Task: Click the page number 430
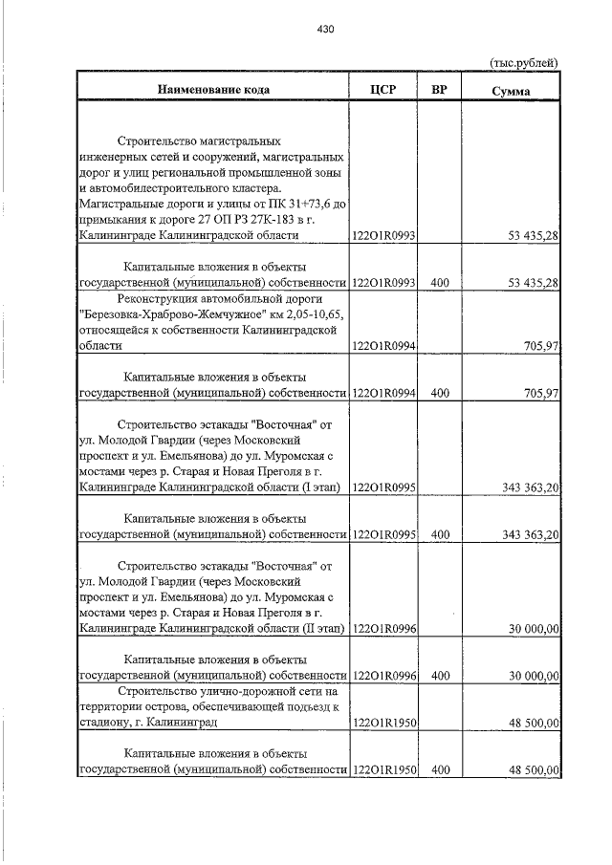(324, 30)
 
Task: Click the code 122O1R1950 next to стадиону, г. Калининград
(383, 723)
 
